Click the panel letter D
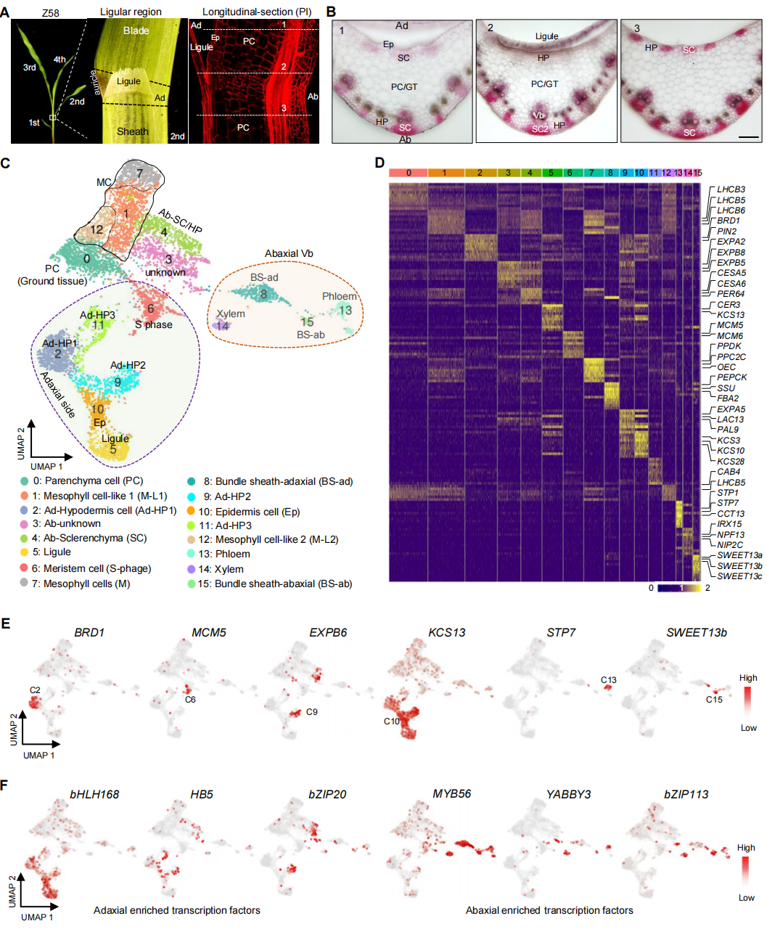pyautogui.click(x=379, y=163)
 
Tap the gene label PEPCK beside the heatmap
pyautogui.click(x=731, y=377)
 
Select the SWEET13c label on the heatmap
pyautogui.click(x=739, y=576)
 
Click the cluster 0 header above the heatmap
pyautogui.click(x=409, y=173)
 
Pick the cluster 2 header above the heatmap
pyautogui.click(x=479, y=173)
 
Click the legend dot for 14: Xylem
pyautogui.click(x=191, y=569)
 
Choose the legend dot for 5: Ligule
pyautogui.click(x=25, y=552)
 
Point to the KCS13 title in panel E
pyautogui.click(x=446, y=633)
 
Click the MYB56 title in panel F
pyautogui.click(x=451, y=794)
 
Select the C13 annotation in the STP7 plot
pyautogui.click(x=608, y=680)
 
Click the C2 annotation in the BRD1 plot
pyautogui.click(x=35, y=690)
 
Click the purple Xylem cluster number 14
pyautogui.click(x=223, y=326)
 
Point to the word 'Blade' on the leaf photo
pyautogui.click(x=136, y=30)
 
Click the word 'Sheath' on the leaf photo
pyautogui.click(x=132, y=131)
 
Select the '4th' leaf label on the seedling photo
pyautogui.click(x=60, y=60)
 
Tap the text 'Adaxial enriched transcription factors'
pyautogui.click(x=176, y=910)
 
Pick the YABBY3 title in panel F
pyautogui.click(x=568, y=794)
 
